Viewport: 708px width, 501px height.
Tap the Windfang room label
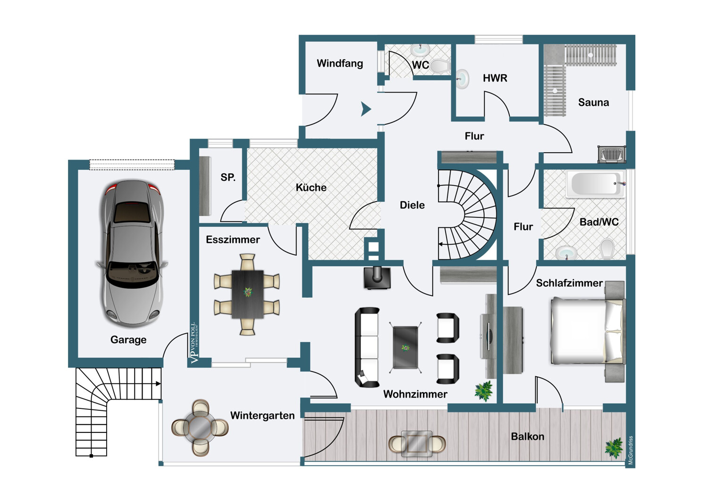340,63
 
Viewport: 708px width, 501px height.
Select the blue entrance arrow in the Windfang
366,109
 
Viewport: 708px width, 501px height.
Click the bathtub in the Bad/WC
596,184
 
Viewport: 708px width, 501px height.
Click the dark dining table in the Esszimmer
247,294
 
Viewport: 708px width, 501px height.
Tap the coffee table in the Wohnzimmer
405,347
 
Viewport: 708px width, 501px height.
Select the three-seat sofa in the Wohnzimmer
367,347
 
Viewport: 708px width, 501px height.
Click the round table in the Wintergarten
200,428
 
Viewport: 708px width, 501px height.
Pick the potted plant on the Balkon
614,448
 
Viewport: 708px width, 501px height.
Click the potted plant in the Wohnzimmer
484,391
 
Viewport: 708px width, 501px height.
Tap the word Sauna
593,103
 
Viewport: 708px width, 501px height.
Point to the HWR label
495,78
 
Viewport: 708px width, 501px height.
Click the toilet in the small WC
440,66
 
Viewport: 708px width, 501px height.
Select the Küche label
311,187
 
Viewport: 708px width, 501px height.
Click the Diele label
412,205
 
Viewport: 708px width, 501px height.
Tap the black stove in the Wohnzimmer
377,278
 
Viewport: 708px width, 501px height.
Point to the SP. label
228,177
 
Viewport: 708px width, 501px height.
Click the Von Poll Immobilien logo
194,342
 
